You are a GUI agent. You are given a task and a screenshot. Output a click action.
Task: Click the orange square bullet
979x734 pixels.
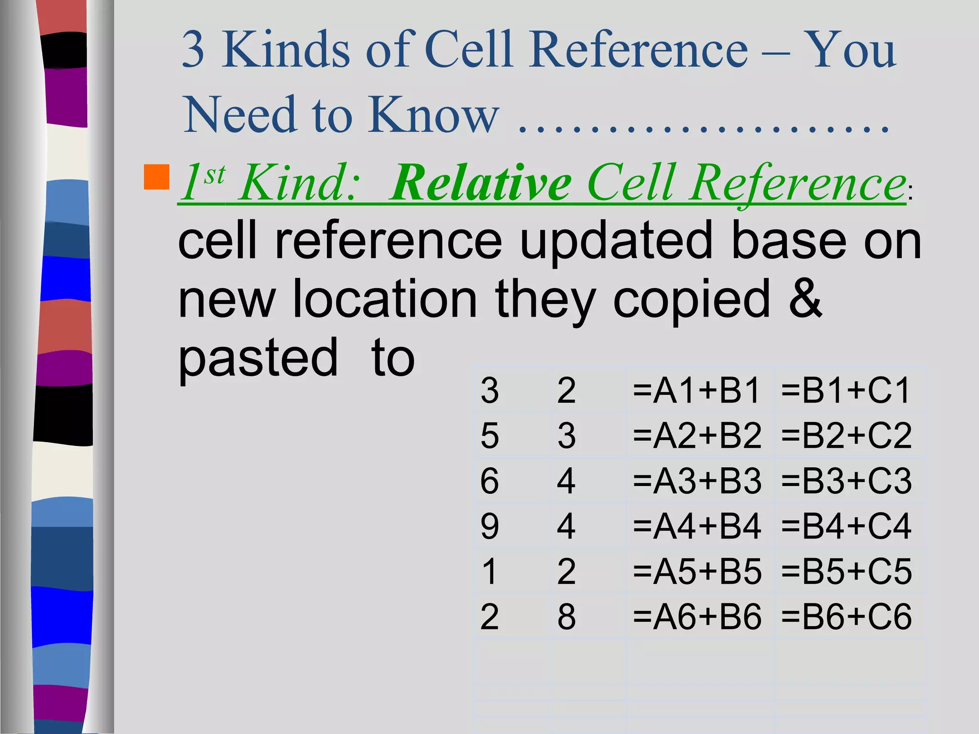point(156,177)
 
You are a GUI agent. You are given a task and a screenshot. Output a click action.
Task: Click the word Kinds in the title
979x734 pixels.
point(285,49)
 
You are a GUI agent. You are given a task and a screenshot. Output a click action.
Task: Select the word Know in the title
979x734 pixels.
point(433,115)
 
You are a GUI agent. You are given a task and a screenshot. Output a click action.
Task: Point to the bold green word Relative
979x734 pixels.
point(480,183)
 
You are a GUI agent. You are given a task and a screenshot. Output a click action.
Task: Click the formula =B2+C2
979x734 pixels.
point(846,435)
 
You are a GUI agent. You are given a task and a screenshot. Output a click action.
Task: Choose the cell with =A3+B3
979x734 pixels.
point(696,481)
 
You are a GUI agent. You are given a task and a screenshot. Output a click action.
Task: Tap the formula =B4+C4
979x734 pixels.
point(846,526)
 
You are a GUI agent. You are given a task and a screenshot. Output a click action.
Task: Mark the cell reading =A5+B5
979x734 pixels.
point(696,571)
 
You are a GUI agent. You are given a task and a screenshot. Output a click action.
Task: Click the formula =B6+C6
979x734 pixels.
point(846,616)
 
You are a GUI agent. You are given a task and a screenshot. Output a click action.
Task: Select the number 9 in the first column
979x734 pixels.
point(489,526)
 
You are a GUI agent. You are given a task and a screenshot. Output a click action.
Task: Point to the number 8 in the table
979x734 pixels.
point(566,616)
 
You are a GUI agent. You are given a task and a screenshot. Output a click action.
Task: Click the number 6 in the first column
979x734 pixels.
point(489,481)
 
